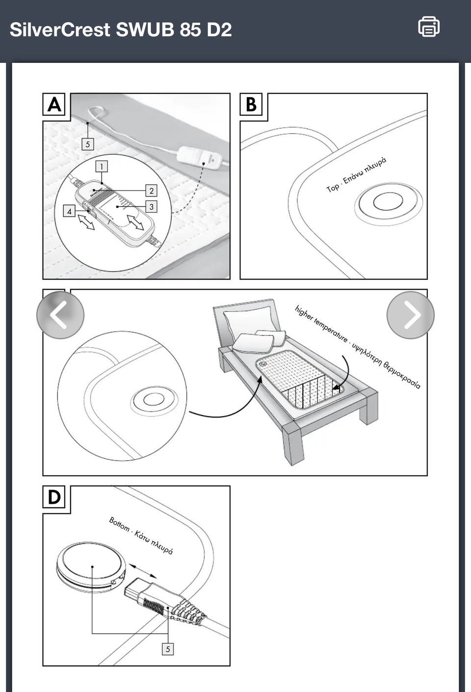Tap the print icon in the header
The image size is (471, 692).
(428, 27)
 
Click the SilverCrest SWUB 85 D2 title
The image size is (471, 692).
(121, 29)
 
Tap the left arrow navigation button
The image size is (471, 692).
(60, 315)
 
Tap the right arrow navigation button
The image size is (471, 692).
(410, 315)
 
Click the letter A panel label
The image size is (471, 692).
(54, 105)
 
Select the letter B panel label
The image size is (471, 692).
(251, 105)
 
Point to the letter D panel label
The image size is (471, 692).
(54, 498)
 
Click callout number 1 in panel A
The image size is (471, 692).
(102, 166)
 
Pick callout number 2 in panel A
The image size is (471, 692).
(151, 191)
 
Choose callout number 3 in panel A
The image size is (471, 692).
(151, 207)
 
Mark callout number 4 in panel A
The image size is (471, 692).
(69, 211)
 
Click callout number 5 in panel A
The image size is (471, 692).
(88, 144)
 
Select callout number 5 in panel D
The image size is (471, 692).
(168, 649)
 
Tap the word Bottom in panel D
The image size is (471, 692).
(119, 524)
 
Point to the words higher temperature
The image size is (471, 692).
(321, 324)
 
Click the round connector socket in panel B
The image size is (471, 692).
(388, 201)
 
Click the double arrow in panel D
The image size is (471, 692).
(143, 571)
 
